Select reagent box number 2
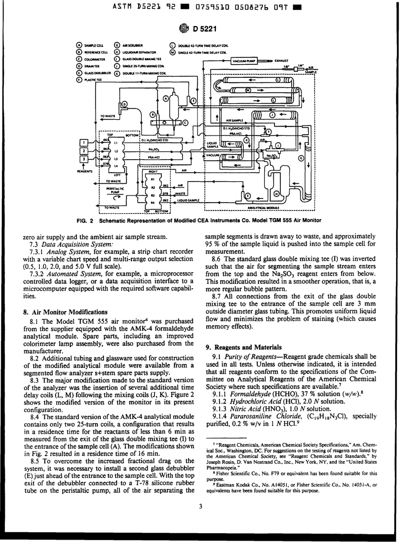(x=84, y=151)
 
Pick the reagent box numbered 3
(x=84, y=159)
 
